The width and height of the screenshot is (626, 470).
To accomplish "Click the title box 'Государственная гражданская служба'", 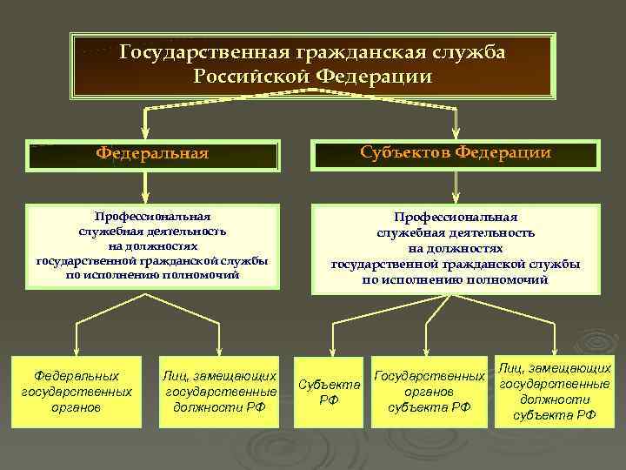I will pyautogui.click(x=312, y=65).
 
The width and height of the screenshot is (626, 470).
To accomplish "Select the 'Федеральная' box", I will pyautogui.click(x=152, y=154).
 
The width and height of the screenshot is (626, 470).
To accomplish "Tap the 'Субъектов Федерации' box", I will pyautogui.click(x=456, y=153).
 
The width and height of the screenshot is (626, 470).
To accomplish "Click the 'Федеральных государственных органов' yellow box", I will pyautogui.click(x=77, y=392).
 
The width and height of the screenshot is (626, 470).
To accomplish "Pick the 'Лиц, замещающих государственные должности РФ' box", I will pyautogui.click(x=220, y=392).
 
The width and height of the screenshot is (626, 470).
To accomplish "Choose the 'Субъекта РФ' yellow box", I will pyautogui.click(x=330, y=392).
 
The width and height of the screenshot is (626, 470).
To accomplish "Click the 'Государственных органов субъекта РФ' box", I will pyautogui.click(x=430, y=392).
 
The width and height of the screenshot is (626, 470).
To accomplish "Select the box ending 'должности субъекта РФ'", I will pyautogui.click(x=555, y=392).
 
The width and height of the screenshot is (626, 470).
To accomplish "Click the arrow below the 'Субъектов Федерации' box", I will pyautogui.click(x=456, y=185).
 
